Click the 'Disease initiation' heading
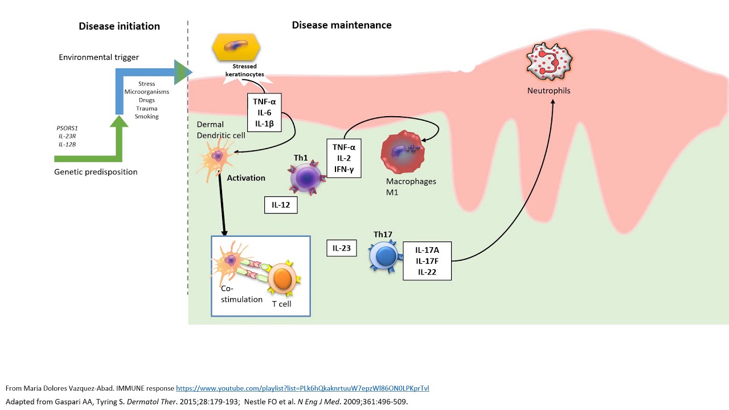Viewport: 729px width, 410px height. tap(119, 26)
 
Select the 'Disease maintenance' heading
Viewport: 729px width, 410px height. tap(342, 25)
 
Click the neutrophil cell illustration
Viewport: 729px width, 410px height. tap(549, 62)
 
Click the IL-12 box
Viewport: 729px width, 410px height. tap(281, 205)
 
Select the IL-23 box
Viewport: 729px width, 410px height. tap(341, 248)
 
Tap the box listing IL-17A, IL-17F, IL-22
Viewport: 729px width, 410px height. tap(427, 261)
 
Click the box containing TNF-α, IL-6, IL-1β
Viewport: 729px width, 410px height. tap(264, 113)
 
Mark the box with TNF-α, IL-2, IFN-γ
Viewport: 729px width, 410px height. tap(343, 158)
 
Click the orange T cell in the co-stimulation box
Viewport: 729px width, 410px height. tap(282, 278)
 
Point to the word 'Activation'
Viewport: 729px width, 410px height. tap(246, 178)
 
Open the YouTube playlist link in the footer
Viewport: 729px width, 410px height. tap(302, 388)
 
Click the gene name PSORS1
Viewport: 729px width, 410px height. tap(67, 128)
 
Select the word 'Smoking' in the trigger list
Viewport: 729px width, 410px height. tap(146, 116)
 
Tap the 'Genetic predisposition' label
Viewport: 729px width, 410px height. tap(96, 172)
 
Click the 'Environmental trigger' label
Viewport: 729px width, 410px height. tap(99, 58)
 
